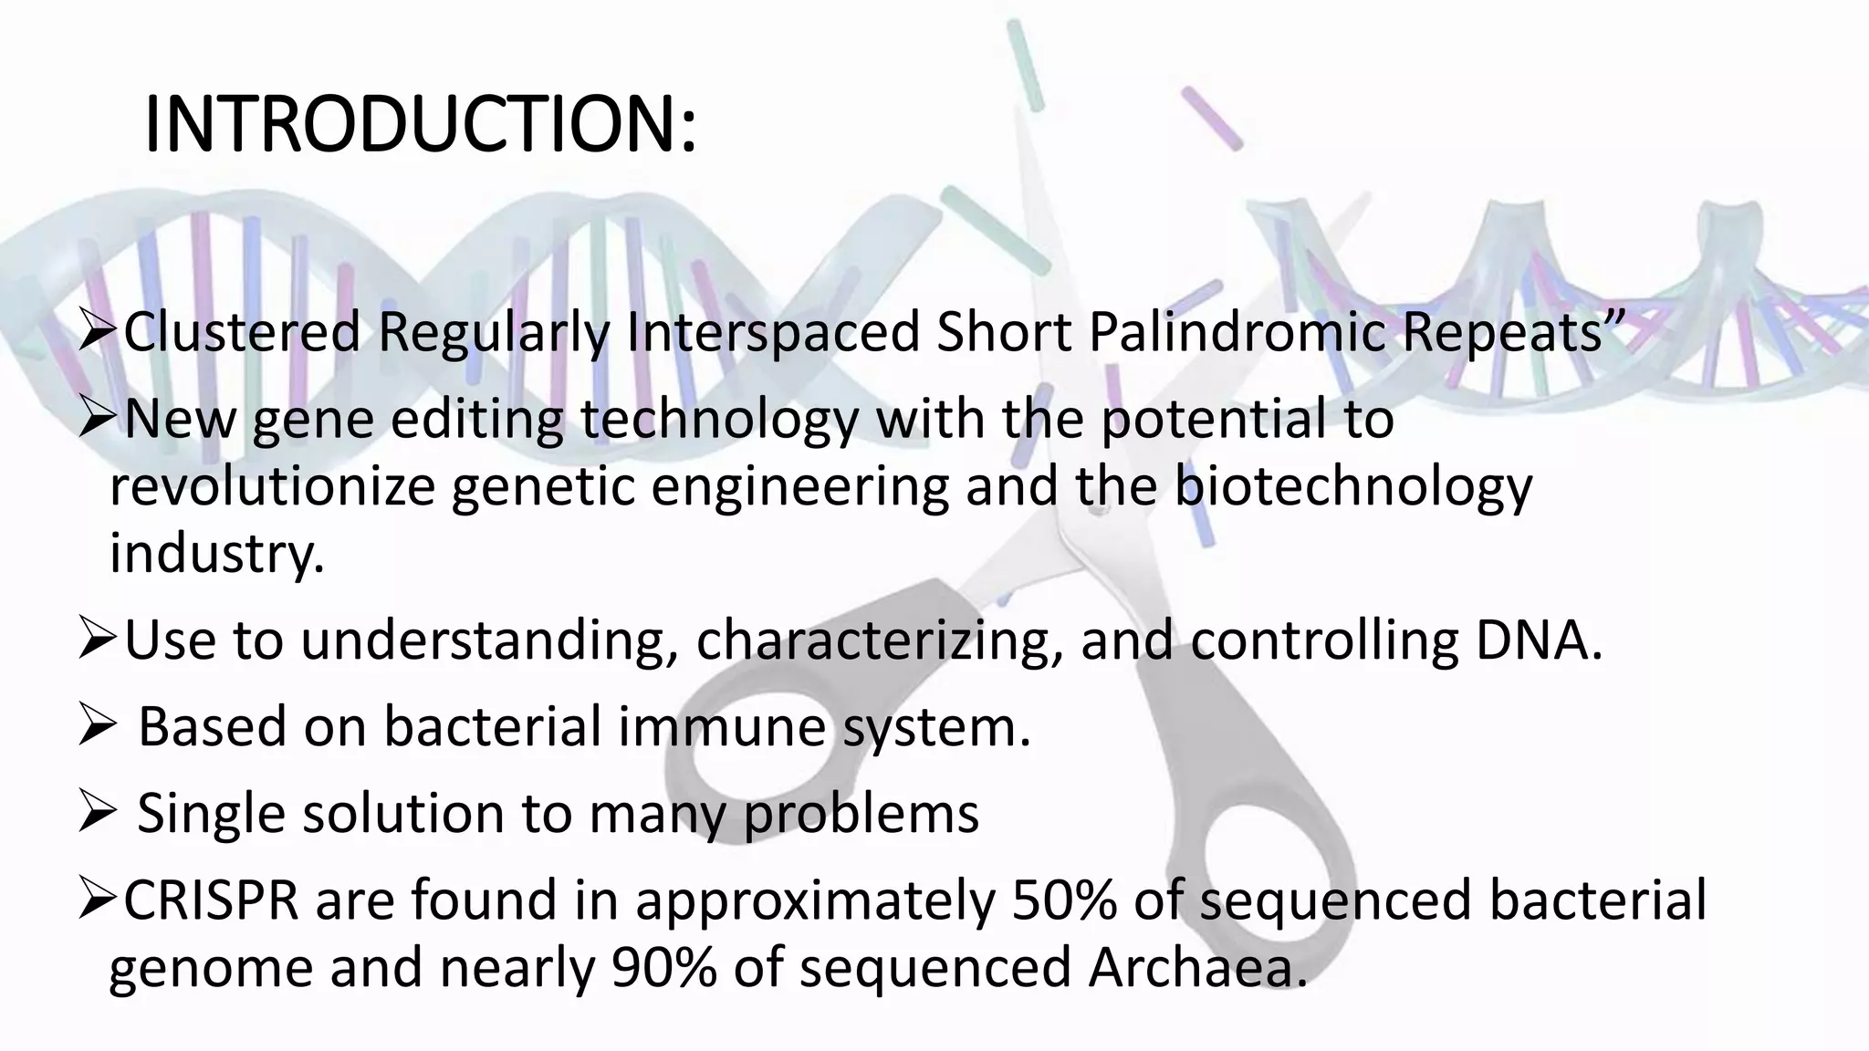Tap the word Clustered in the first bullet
click(242, 332)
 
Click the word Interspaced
click(774, 332)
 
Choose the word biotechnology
click(1352, 486)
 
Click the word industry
click(216, 553)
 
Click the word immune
click(722, 727)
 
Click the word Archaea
click(1196, 967)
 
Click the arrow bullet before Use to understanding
click(95, 642)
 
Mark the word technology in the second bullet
click(719, 420)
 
